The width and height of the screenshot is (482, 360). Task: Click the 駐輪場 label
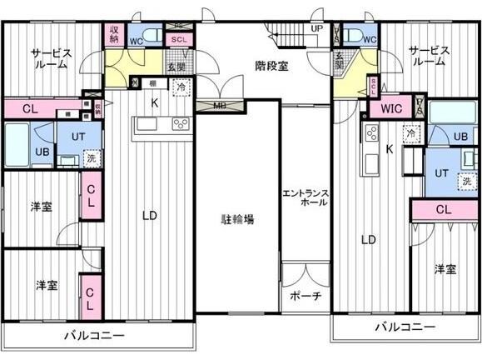point(237,220)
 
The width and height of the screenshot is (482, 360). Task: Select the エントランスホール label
point(306,199)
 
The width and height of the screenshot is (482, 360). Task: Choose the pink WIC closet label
point(392,108)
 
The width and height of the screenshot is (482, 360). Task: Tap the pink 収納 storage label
point(115,34)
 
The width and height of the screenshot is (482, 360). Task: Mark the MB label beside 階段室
point(220,105)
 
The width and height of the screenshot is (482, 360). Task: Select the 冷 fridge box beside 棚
point(181,86)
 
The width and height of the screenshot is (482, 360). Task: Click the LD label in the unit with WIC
point(367,240)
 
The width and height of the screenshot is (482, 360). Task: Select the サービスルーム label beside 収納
point(52,59)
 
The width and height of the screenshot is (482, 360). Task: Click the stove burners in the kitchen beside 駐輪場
point(180,125)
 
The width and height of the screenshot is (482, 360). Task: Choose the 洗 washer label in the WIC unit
point(466,181)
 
